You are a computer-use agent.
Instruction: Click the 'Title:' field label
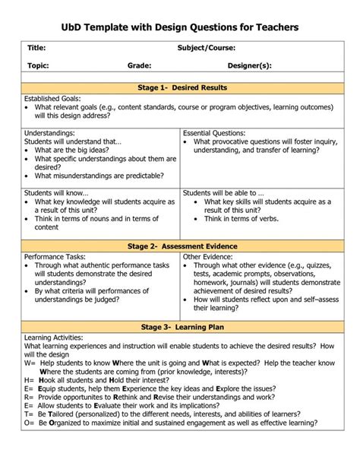[x=37, y=48]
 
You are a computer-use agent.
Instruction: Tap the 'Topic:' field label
[x=39, y=66]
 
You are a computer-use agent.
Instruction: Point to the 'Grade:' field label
[x=139, y=66]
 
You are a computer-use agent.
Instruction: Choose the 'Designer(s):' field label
[x=249, y=66]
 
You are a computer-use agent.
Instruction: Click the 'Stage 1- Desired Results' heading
[x=182, y=87]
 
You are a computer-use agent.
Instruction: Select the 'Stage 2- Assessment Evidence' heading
[x=182, y=226]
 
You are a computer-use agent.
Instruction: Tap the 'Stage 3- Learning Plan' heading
[x=182, y=326]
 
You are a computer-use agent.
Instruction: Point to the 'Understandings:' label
[x=51, y=132]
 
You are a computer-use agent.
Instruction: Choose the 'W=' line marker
[x=30, y=361]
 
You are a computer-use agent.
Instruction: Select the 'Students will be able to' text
[x=220, y=193]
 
